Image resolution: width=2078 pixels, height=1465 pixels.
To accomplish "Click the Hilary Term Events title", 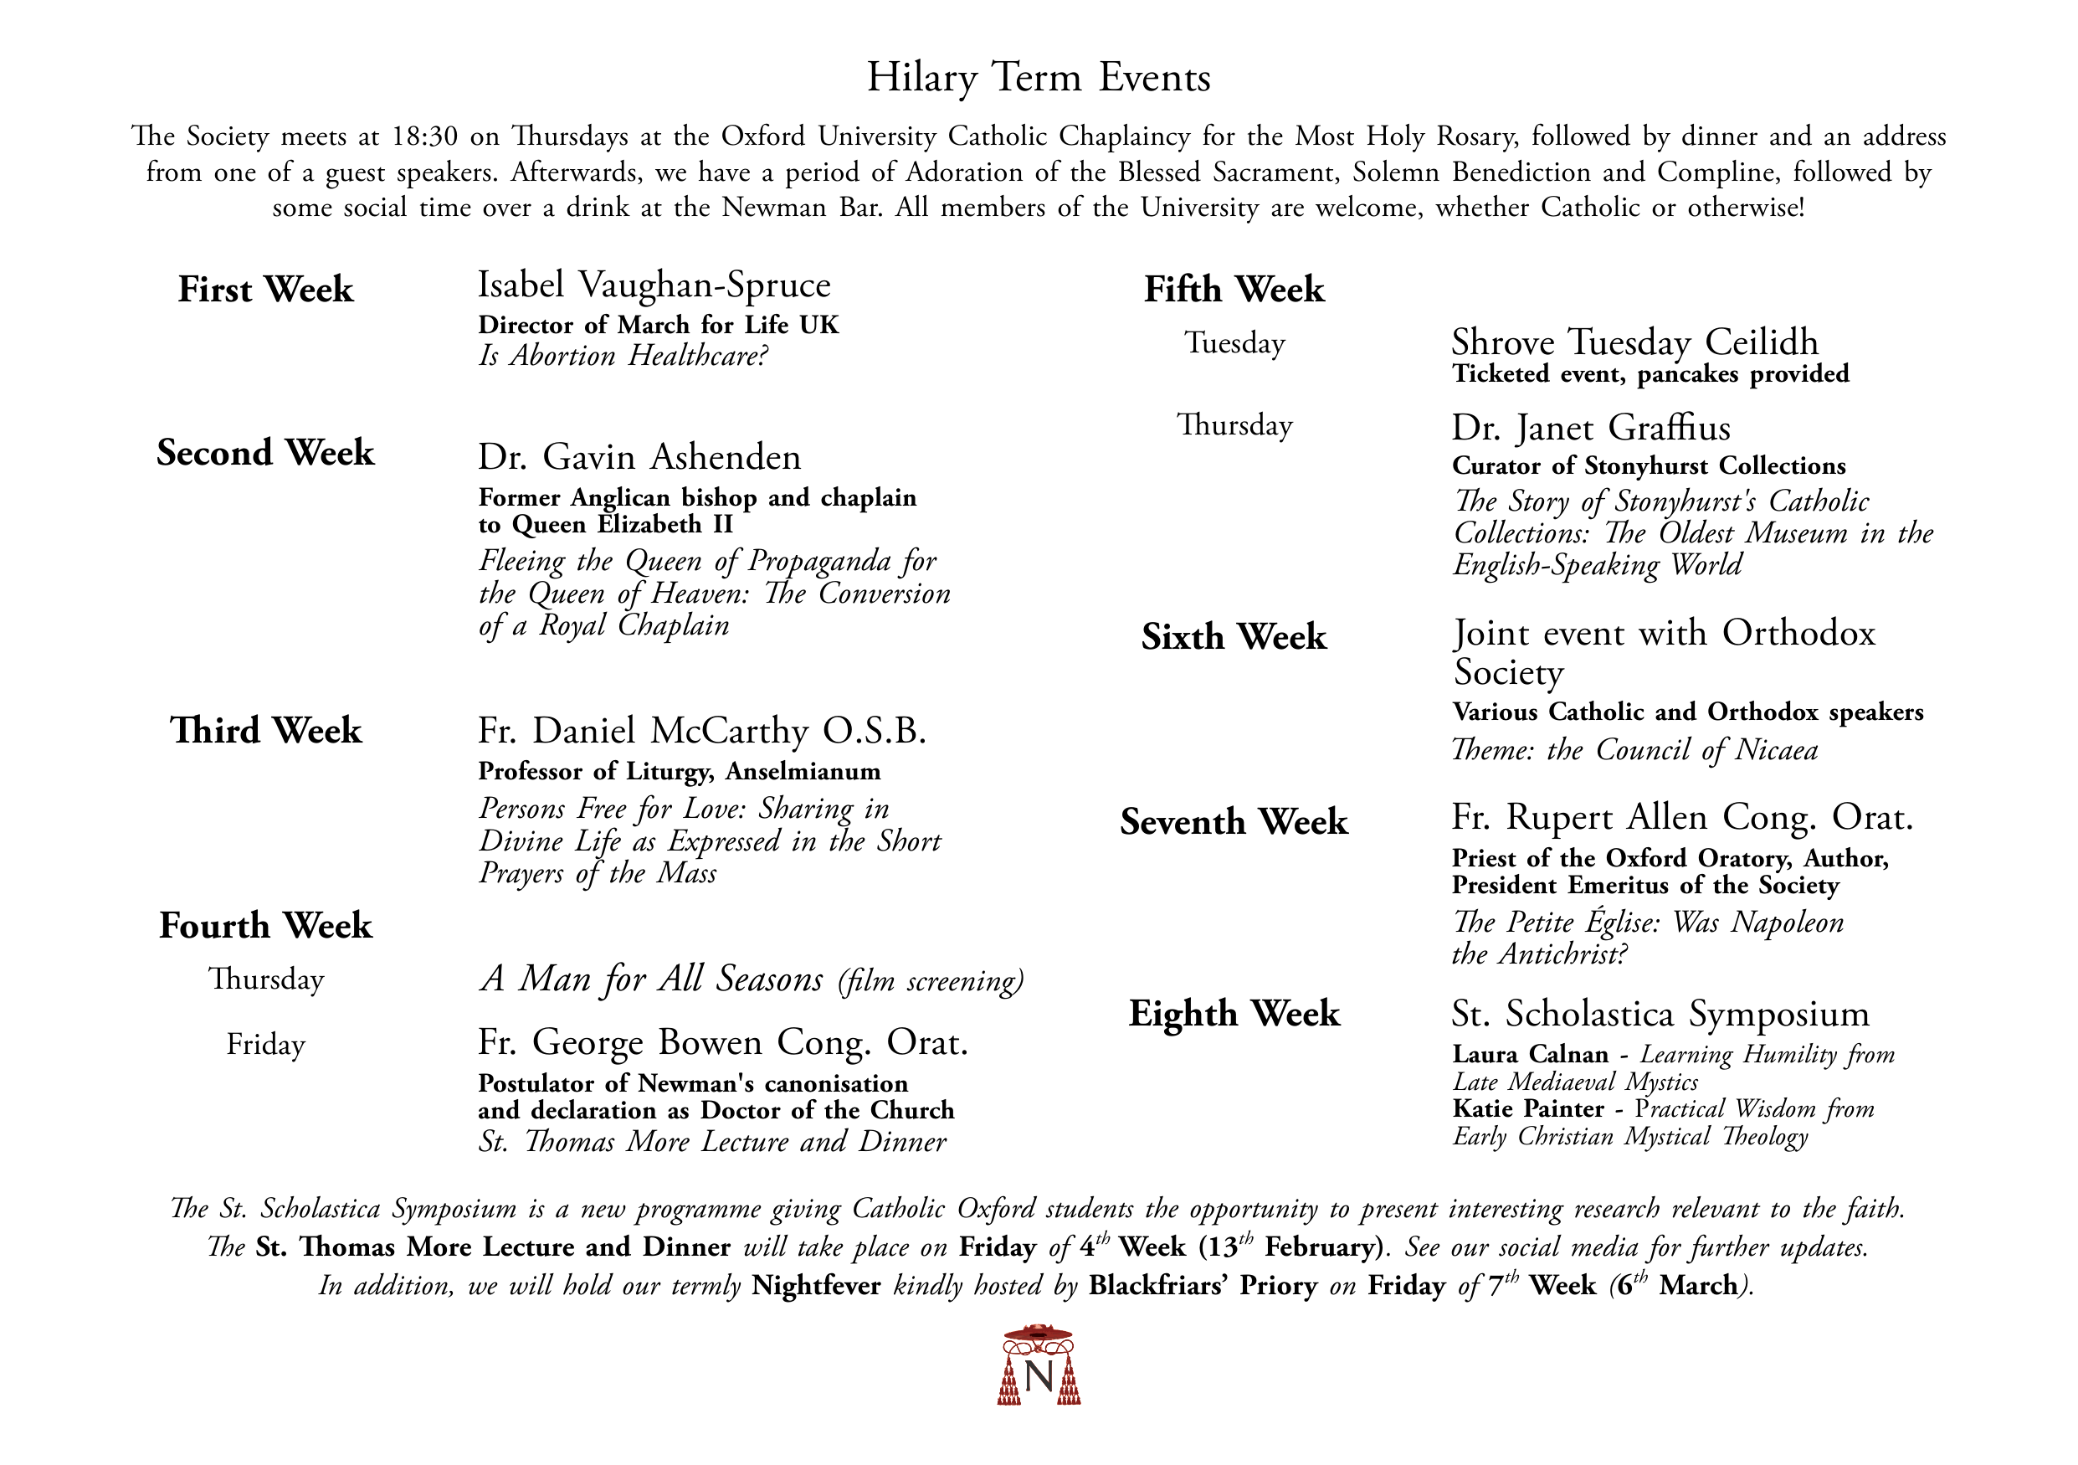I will (1038, 78).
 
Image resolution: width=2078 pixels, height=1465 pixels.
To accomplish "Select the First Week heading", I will (265, 290).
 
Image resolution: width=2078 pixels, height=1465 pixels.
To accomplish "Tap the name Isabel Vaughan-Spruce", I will (654, 285).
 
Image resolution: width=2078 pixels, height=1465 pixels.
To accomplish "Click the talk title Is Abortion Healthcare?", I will (623, 356).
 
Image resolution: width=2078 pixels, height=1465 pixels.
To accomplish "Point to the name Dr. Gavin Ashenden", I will (639, 457).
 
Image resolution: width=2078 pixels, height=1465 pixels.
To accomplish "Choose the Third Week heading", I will (265, 731).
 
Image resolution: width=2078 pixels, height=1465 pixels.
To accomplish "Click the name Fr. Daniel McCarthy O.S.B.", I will (701, 731).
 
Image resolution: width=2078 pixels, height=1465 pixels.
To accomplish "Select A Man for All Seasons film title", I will (652, 979).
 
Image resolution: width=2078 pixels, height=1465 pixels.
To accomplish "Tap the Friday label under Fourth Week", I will (265, 1045).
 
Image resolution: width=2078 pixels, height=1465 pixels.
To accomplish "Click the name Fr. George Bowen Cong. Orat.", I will (722, 1043).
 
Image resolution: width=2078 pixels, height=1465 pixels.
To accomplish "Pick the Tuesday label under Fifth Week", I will (1234, 343).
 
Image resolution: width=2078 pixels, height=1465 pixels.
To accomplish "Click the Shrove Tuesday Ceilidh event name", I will (1634, 342).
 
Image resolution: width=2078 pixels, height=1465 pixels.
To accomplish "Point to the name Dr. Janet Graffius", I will (1591, 428).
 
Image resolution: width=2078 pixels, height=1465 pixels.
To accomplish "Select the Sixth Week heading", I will (1234, 637).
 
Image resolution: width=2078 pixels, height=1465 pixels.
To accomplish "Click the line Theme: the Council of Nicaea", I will (1634, 751).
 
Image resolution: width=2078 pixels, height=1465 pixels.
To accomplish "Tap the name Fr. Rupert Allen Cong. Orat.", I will (1681, 818).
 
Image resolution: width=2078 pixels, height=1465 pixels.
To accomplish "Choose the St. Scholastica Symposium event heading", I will (1660, 1014).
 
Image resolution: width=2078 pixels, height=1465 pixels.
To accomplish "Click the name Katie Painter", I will (1527, 1109).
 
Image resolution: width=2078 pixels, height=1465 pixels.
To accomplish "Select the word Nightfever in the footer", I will (815, 1287).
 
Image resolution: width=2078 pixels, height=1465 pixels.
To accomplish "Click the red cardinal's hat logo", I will (1038, 1365).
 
